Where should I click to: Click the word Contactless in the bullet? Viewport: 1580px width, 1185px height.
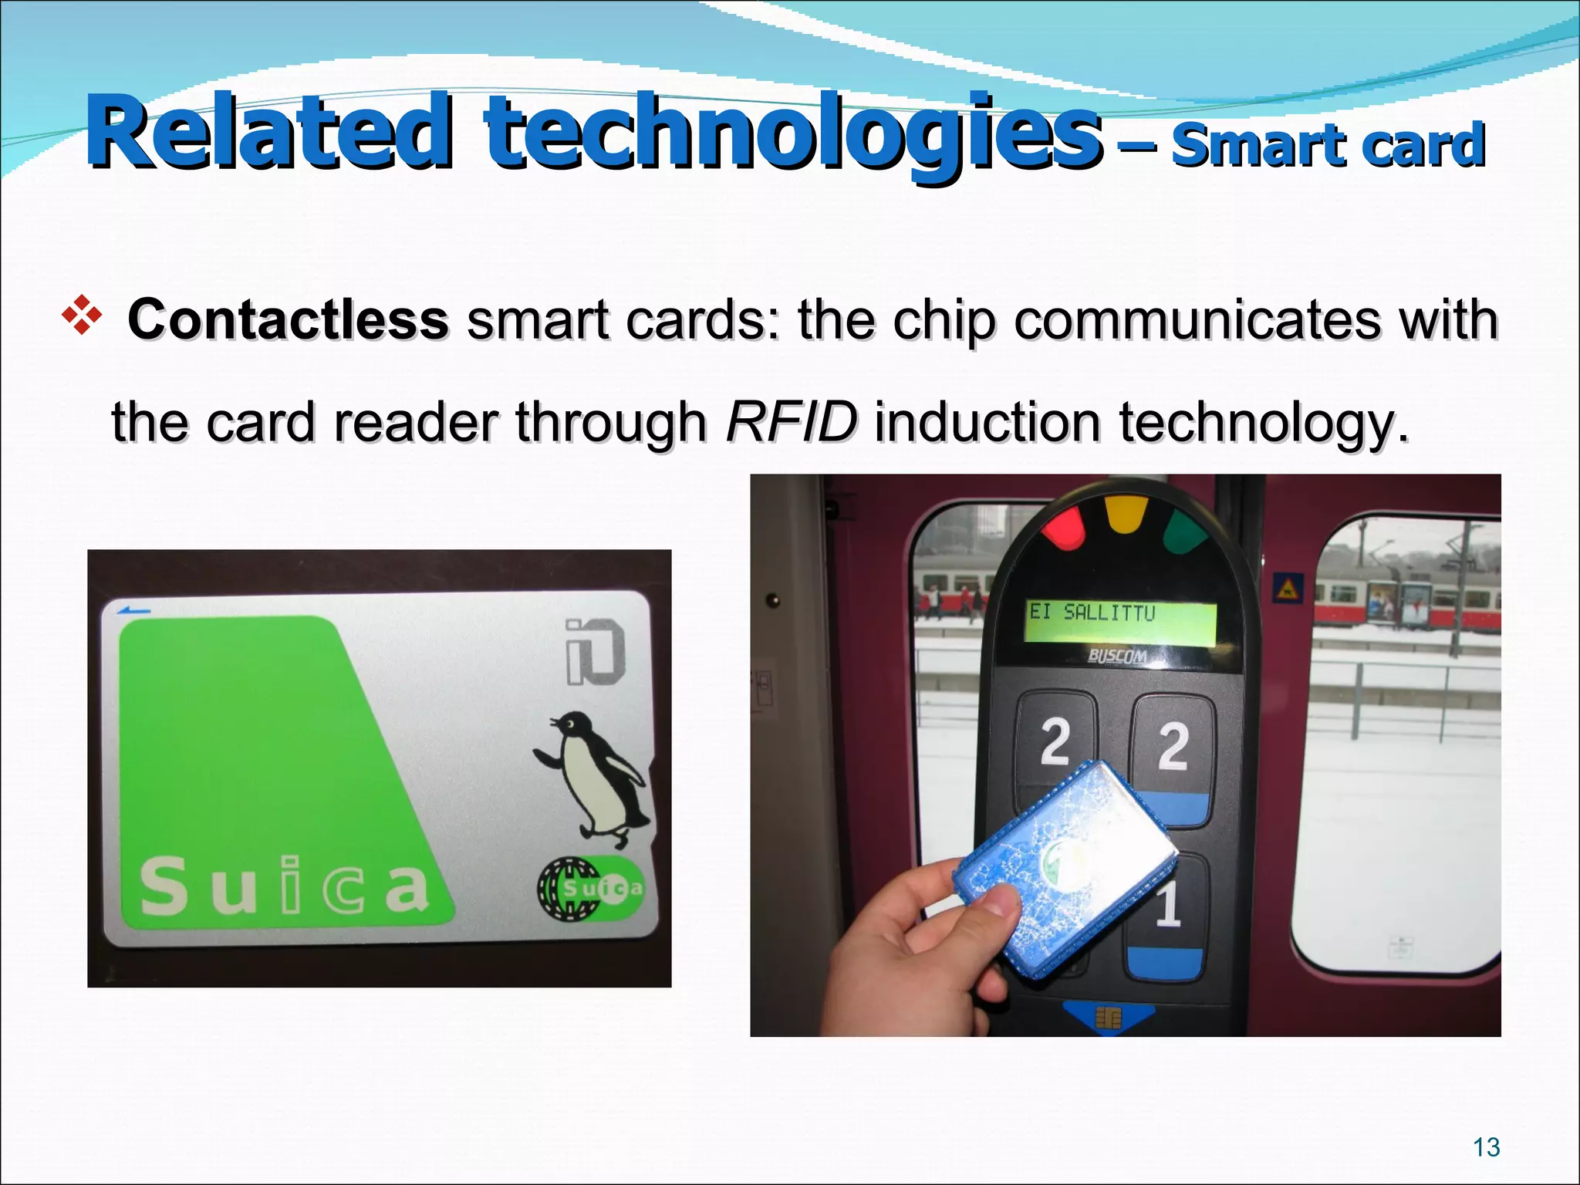(288, 319)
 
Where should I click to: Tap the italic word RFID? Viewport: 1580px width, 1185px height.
(791, 422)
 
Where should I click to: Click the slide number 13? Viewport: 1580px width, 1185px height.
(1486, 1147)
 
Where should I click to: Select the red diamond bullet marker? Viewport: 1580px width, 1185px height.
(82, 318)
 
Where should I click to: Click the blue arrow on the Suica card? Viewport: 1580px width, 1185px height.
(134, 611)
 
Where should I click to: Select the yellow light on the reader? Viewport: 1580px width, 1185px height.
(1126, 514)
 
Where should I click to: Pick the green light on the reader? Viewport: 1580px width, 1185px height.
(1185, 532)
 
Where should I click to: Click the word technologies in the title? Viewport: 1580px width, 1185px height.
(792, 133)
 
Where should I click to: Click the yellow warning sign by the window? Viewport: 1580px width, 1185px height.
(1287, 589)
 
